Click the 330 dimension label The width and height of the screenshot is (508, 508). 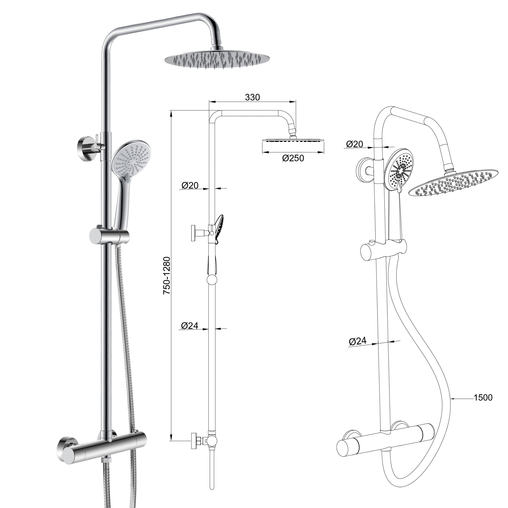pyautogui.click(x=252, y=97)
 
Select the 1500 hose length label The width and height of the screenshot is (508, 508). pyautogui.click(x=483, y=398)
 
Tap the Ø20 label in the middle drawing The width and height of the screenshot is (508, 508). pyautogui.click(x=190, y=186)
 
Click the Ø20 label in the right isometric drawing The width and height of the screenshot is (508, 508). pyautogui.click(x=354, y=144)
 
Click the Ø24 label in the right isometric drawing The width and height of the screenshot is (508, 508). pyautogui.click(x=358, y=341)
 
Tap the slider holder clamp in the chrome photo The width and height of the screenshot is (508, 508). pyautogui.click(x=109, y=236)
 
